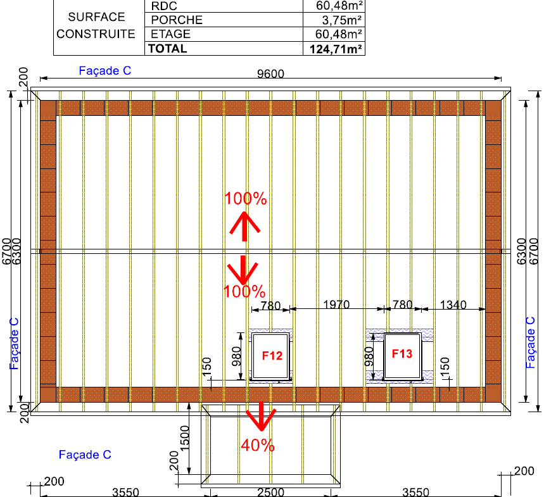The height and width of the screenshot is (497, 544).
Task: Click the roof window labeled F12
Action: tap(270, 356)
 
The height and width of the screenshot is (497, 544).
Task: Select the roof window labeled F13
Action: tap(402, 356)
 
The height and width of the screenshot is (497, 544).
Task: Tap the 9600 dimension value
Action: tap(270, 73)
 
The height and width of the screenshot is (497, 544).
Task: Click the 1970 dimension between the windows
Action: tap(336, 305)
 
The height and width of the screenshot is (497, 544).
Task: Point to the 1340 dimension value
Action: tap(453, 305)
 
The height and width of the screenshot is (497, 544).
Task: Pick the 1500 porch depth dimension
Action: tap(185, 438)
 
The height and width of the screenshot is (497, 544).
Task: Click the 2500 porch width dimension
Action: tap(270, 492)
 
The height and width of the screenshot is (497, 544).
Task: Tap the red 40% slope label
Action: tap(258, 445)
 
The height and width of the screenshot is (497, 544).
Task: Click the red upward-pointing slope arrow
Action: tap(244, 226)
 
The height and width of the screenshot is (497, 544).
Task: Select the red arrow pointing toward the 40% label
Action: tap(261, 416)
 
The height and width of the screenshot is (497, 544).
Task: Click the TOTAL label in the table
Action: tap(168, 49)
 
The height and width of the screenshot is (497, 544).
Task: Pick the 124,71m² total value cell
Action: tap(336, 49)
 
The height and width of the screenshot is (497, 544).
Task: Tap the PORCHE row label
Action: tap(177, 20)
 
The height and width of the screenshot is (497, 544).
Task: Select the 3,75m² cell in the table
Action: tap(342, 20)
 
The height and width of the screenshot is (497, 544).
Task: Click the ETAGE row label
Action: tap(170, 34)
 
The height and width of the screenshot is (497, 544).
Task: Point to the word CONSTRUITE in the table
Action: tap(96, 34)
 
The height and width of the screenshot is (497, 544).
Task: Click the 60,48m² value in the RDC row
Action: tap(339, 6)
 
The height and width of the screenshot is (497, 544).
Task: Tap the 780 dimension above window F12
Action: tap(270, 306)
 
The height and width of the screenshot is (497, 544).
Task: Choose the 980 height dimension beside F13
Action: tap(369, 356)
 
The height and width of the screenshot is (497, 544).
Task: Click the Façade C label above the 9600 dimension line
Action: tap(104, 70)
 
